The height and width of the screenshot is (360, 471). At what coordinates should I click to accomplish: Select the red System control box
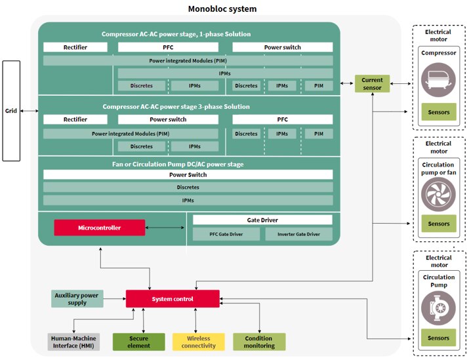173,299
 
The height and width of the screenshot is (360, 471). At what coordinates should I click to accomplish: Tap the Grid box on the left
11,111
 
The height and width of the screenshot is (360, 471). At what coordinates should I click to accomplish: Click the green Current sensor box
372,84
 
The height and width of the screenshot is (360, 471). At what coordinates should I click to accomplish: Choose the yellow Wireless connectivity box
198,342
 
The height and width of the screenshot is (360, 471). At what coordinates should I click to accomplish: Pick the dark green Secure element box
138,342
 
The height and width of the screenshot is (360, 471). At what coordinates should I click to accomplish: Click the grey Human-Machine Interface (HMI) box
74,342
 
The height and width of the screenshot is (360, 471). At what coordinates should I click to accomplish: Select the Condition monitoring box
259,342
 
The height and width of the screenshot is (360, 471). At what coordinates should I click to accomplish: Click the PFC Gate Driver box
226,234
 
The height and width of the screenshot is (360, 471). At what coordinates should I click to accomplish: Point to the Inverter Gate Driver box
298,234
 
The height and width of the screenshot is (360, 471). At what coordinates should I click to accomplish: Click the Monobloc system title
222,9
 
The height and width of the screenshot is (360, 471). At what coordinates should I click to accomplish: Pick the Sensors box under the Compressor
439,112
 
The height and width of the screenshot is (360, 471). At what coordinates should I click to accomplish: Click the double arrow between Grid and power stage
30,111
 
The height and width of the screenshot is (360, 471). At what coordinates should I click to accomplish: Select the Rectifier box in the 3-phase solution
75,119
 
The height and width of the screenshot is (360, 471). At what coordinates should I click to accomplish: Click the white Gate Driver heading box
262,220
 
